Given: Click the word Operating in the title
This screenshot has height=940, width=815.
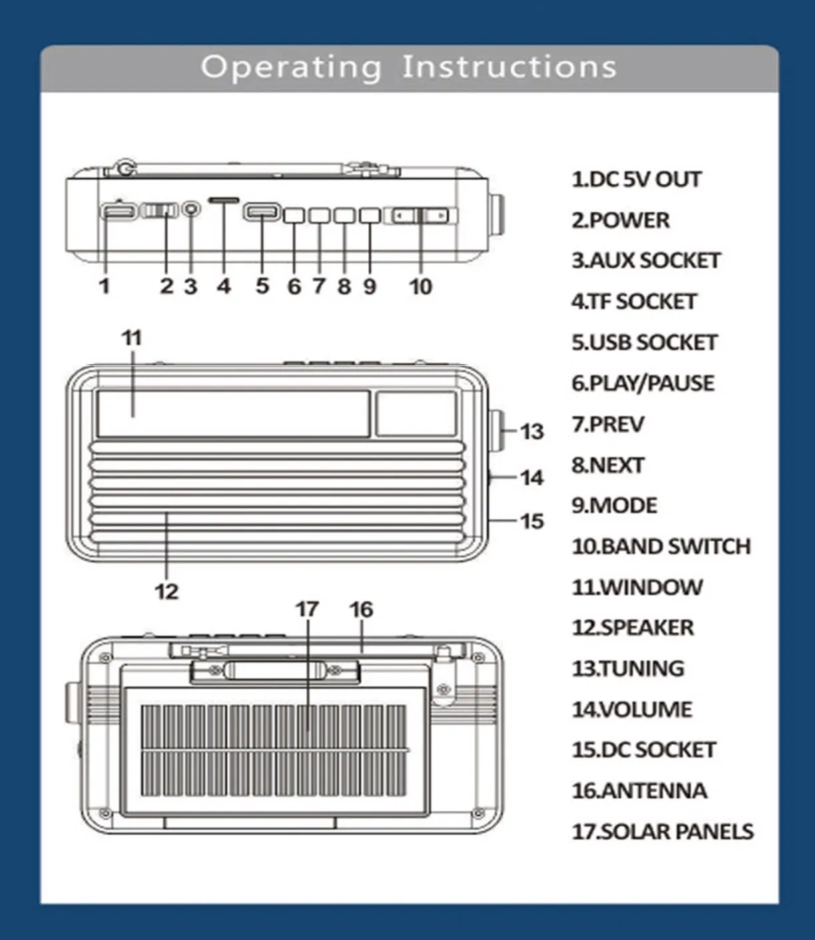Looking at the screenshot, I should click(292, 67).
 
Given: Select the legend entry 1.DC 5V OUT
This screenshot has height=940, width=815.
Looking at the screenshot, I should click(636, 180).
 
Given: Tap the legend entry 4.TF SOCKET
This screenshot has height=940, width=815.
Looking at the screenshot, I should click(633, 302).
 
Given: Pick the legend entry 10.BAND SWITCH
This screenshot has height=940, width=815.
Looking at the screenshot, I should click(661, 547).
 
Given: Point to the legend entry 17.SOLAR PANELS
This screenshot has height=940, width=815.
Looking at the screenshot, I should click(663, 831).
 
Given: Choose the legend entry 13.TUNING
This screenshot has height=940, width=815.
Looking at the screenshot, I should click(628, 668).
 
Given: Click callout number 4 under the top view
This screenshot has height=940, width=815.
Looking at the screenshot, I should click(224, 286).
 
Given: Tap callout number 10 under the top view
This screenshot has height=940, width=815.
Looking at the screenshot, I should click(420, 286).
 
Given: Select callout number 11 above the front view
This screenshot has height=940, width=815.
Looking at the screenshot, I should click(132, 338).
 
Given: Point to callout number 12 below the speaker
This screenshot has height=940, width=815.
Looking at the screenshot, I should click(166, 591).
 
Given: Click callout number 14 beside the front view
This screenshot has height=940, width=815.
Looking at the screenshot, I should click(531, 477).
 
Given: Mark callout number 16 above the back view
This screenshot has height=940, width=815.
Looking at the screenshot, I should click(361, 609).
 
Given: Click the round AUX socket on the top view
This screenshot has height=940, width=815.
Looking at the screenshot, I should click(191, 209).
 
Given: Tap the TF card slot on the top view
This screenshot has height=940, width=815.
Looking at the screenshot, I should click(224, 200).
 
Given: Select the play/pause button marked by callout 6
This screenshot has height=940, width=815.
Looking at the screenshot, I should click(294, 215).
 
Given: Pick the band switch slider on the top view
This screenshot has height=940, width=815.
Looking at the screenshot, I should click(421, 216).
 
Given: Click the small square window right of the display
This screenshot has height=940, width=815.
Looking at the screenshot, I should click(416, 413).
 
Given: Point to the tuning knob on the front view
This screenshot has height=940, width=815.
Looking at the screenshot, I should click(496, 431).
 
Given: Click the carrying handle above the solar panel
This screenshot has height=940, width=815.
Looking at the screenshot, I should click(274, 669).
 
